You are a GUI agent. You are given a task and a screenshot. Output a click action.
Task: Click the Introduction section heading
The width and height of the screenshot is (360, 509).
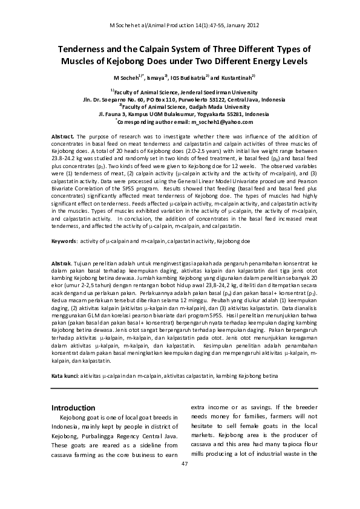[73, 407]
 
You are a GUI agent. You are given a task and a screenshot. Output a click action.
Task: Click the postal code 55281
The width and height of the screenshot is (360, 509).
[215, 114]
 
